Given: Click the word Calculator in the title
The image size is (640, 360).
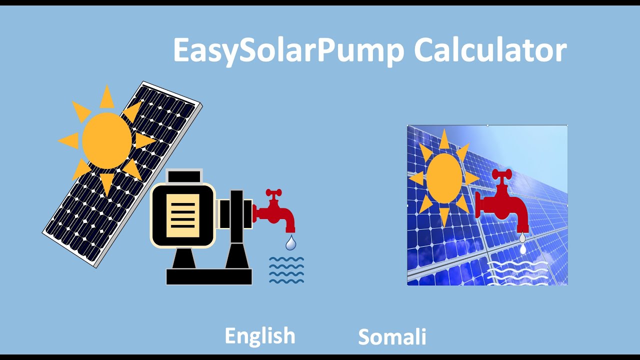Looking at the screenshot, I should tap(490, 49).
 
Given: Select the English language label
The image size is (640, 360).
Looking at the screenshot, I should tap(260, 335).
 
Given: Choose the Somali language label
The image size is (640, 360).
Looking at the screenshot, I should tap(392, 337).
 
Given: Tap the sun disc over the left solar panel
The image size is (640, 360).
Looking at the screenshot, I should tap(106, 140).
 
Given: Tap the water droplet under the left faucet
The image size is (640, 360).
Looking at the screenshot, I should tap(290, 243).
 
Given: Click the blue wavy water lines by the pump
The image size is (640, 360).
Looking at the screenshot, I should tap(286, 270).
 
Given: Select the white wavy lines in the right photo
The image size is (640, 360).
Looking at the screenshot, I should tap(517, 272).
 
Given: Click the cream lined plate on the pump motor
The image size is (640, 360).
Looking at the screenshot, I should tap(182, 215).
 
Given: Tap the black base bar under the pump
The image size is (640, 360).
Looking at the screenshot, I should tap(209, 276).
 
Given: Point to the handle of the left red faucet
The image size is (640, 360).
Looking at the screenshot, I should tap(273, 192).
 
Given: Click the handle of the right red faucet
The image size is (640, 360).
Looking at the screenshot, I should tap(501, 173).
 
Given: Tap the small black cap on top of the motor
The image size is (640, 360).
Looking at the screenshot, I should tap(184, 176).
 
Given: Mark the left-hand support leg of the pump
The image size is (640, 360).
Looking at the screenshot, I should tap(184, 257).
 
